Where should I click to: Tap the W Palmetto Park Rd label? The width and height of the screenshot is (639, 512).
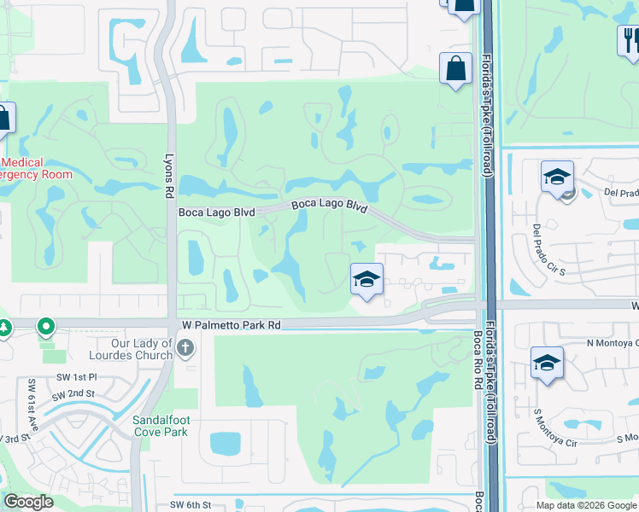click(x=232, y=325)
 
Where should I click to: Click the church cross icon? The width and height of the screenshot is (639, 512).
click(x=187, y=347)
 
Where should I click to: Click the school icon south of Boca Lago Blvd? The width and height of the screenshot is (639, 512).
click(x=366, y=279)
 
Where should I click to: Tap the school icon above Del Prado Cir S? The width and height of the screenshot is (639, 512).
click(x=557, y=177)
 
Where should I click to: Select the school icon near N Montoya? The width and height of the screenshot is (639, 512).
click(x=546, y=363)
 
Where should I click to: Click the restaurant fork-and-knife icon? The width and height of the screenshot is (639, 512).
click(x=629, y=39)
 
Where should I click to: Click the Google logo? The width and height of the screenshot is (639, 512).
click(x=28, y=502)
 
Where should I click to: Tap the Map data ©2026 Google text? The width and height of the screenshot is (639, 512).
click(x=585, y=505)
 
